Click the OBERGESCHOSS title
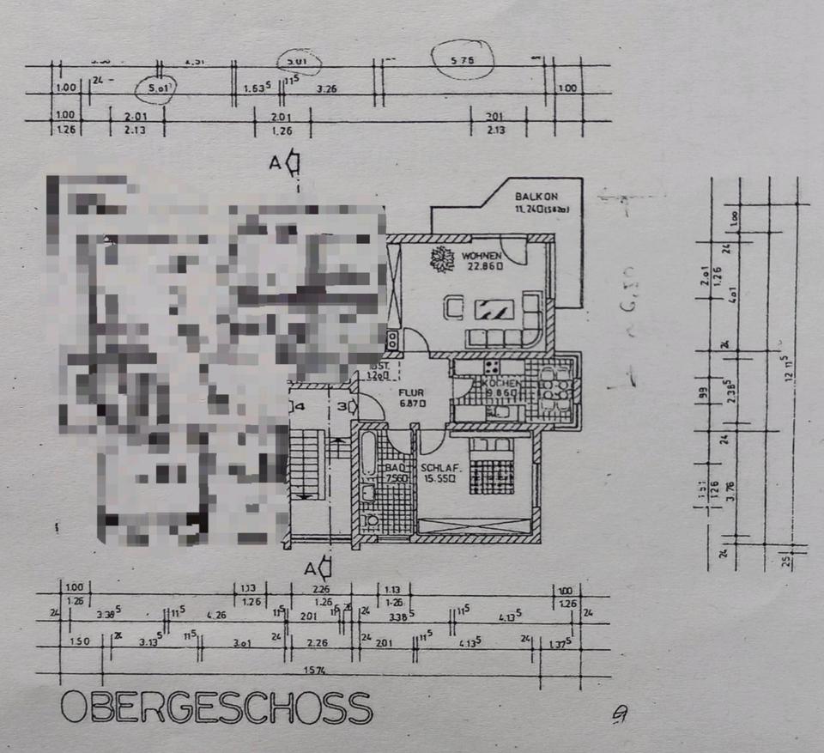click(216, 707)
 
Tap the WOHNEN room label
click(480, 256)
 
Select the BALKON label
click(532, 195)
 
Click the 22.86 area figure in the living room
click(484, 266)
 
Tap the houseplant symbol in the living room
click(443, 259)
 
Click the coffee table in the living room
click(494, 309)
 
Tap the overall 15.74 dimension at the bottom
click(319, 669)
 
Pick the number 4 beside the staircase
click(300, 406)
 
